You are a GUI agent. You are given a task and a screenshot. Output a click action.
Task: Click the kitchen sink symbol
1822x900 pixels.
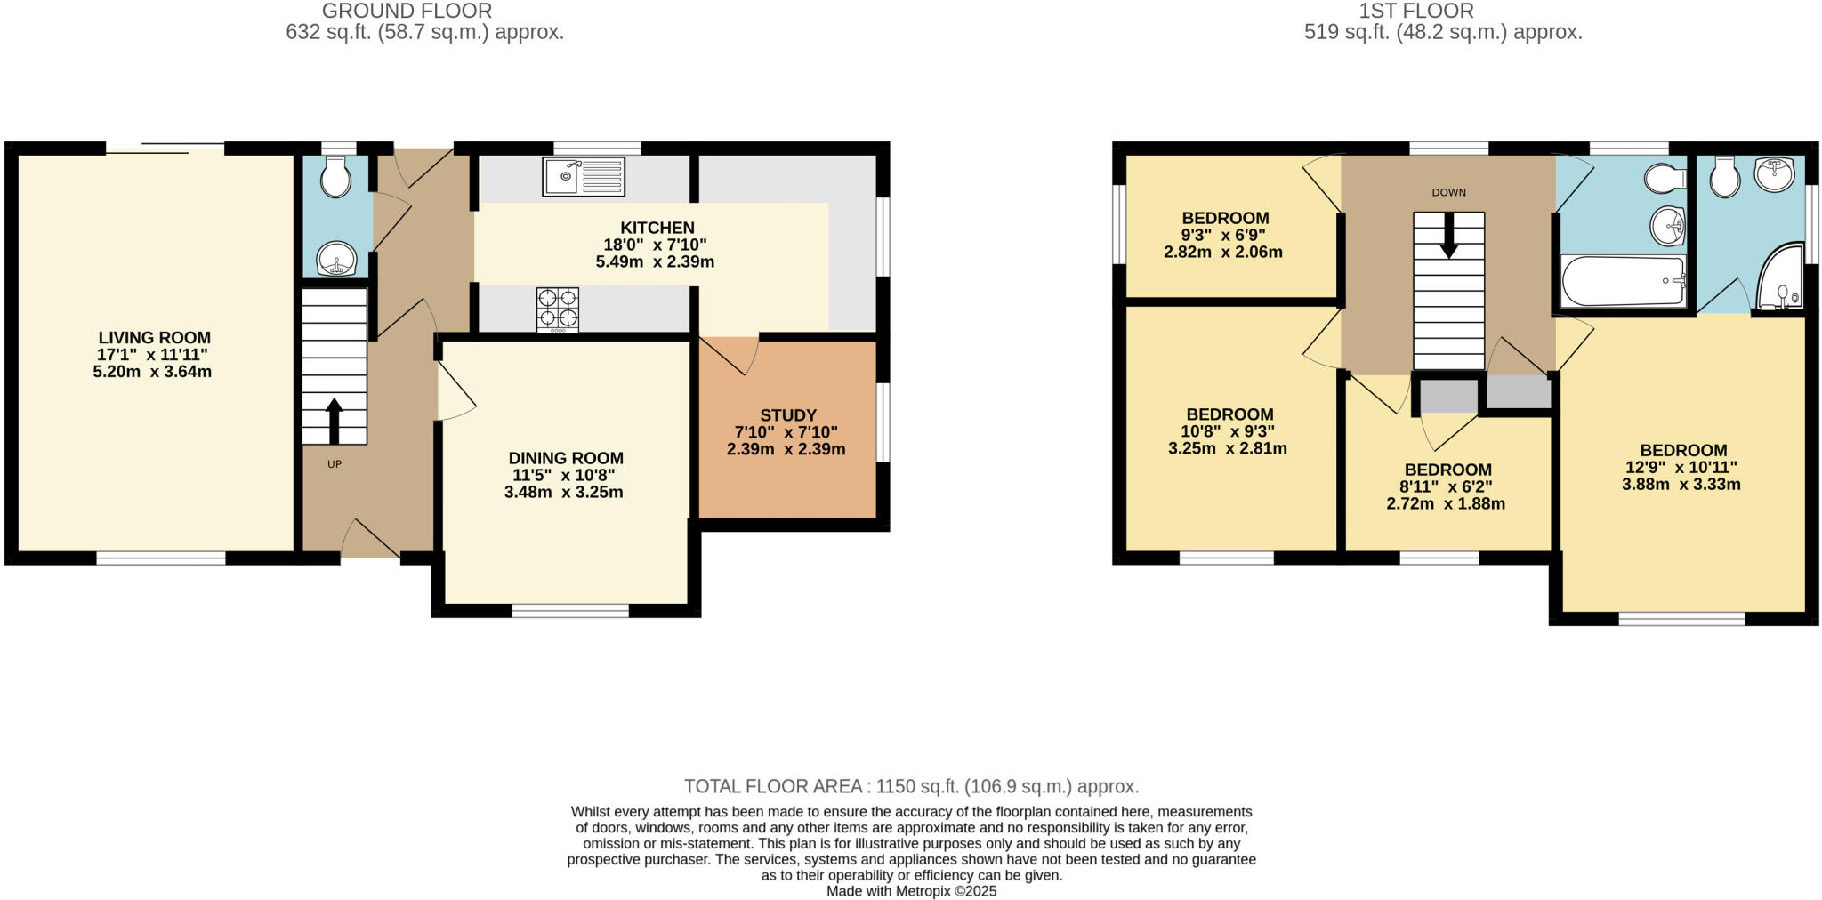coord(583,177)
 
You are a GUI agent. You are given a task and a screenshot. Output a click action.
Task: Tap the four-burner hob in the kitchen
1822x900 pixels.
coord(558,309)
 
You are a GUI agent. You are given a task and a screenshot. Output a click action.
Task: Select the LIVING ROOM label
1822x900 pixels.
coord(155,338)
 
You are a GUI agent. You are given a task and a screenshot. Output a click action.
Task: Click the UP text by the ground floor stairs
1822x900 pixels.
coord(335,464)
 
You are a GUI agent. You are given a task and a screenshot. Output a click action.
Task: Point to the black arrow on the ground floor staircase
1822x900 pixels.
coord(335,421)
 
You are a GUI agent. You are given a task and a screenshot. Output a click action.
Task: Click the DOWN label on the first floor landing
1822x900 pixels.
coord(1448,192)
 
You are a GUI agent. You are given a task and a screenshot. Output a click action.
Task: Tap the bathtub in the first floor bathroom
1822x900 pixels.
coord(1623,280)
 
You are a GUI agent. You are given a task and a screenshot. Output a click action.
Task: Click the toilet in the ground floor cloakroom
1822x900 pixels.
coord(335,178)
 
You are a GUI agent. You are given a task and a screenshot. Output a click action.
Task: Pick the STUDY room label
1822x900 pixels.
coord(787,415)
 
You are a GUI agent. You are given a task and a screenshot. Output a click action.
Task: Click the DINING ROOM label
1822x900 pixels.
coord(566,458)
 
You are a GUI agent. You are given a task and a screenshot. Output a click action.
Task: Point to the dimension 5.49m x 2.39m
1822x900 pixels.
coord(655,262)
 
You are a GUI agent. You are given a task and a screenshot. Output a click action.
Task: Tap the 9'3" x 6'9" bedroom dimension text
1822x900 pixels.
coord(1223,235)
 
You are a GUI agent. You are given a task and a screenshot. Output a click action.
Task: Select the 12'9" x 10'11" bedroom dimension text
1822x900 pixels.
coord(1682,468)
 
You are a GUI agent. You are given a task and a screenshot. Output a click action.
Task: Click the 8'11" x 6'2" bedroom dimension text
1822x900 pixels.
coord(1447,486)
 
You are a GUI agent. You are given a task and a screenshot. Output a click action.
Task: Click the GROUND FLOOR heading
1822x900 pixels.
coord(407,12)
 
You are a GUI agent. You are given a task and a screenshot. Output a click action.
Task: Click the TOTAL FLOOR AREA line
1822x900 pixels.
coord(911,786)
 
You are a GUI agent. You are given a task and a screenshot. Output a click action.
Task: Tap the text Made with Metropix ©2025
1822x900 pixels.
coord(911,890)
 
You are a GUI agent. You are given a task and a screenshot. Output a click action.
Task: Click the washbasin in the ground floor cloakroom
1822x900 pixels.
coord(336,261)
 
